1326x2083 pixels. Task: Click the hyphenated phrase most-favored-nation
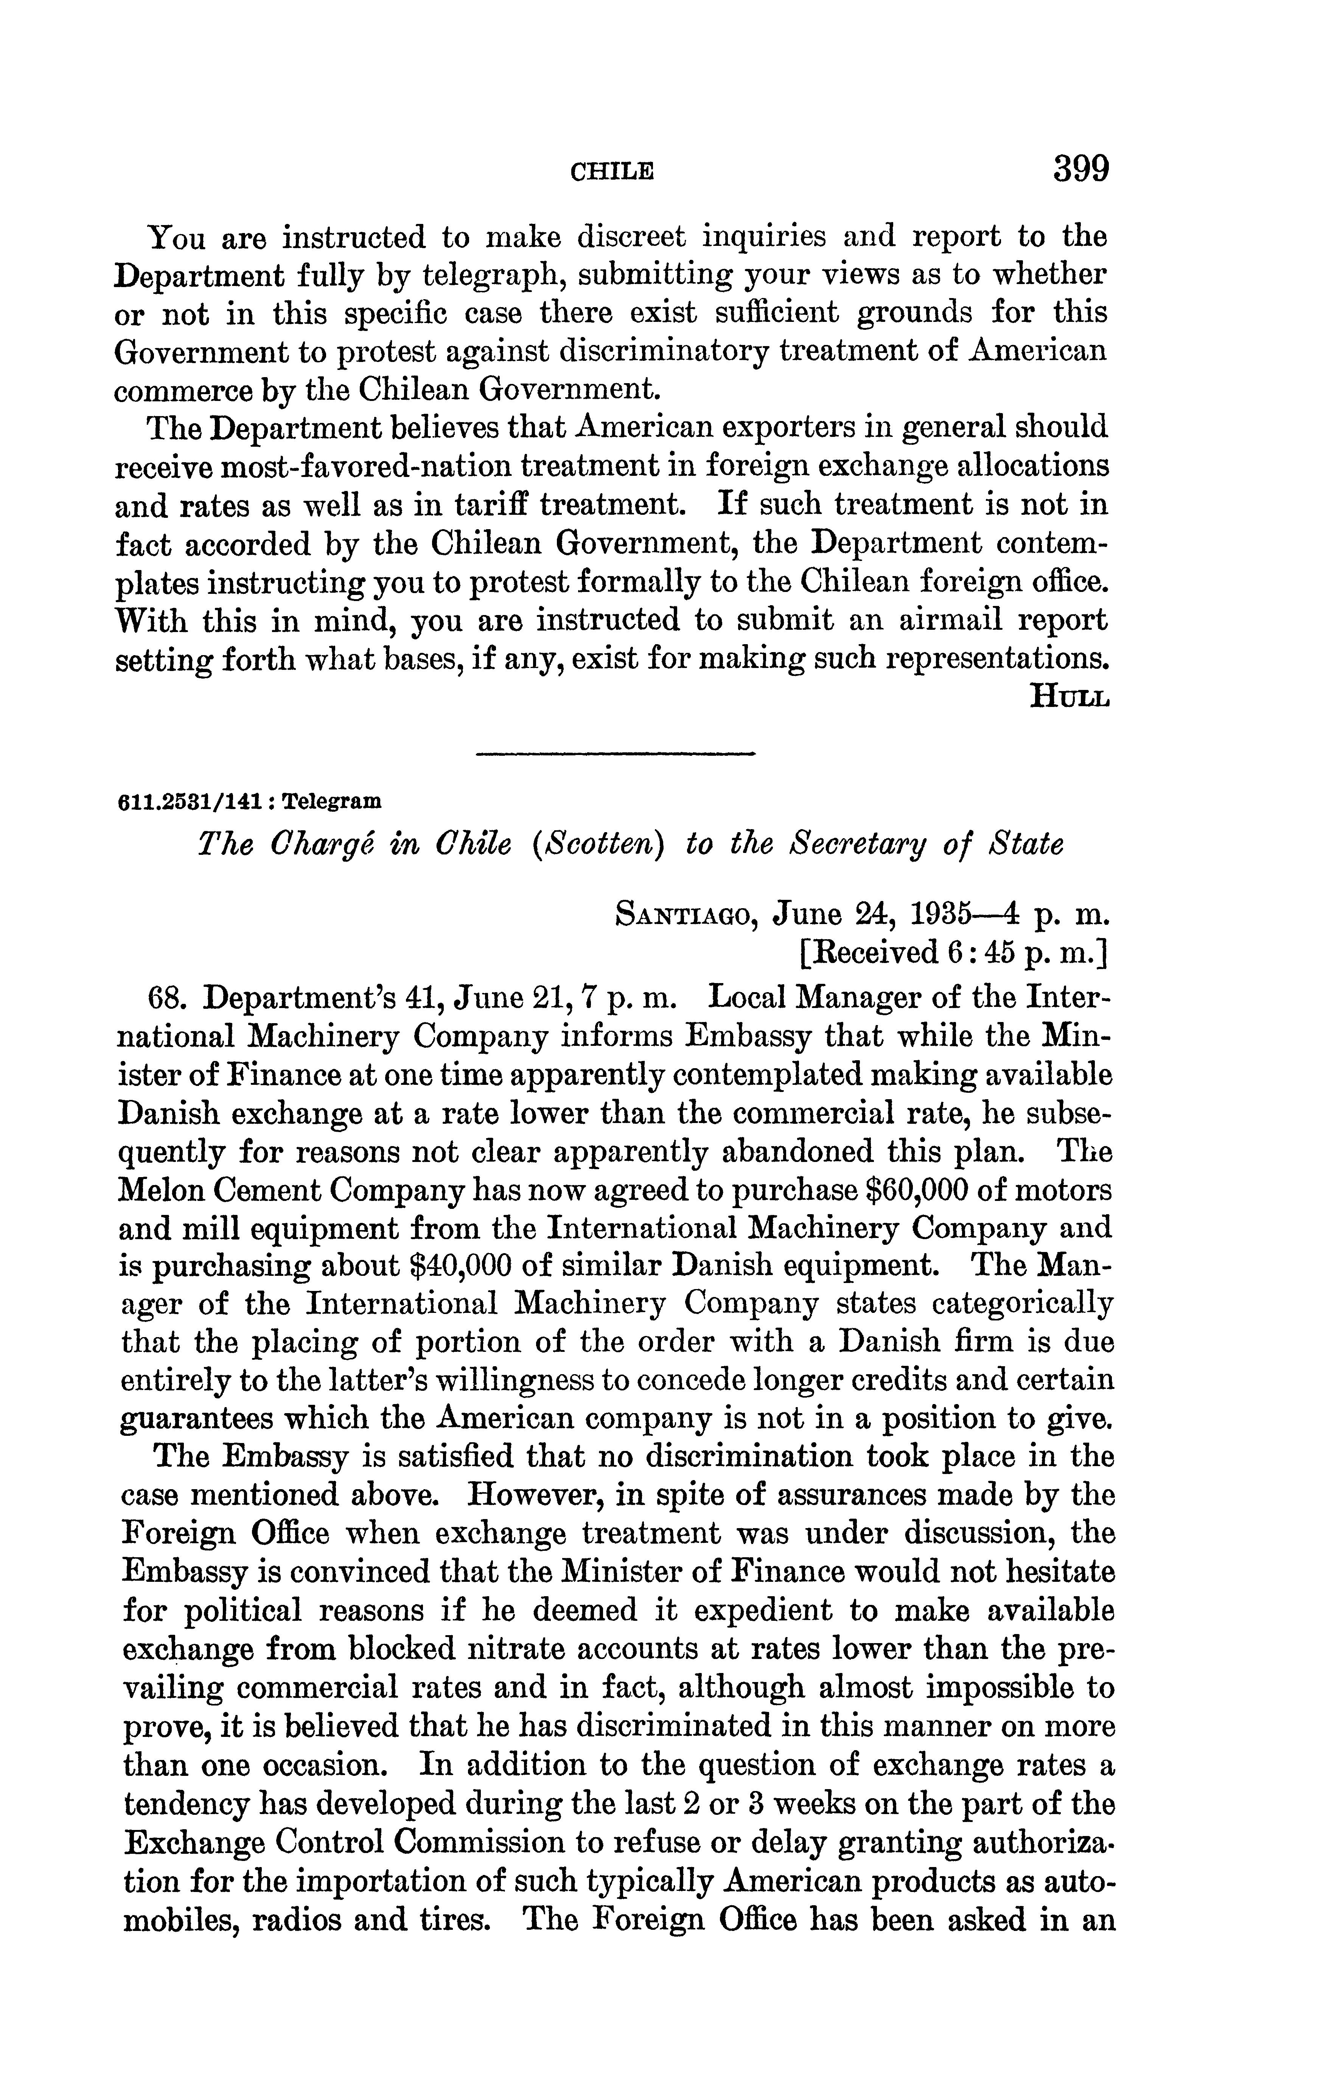pos(368,465)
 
